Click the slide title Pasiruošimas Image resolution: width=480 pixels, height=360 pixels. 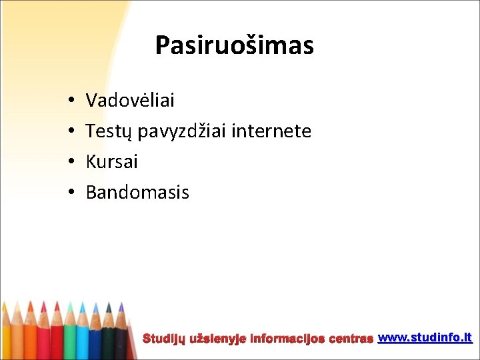point(234,46)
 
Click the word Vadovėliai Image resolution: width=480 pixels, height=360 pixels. point(130,101)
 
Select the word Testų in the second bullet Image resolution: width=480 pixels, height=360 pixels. point(110,132)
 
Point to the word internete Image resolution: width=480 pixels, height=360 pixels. point(271,131)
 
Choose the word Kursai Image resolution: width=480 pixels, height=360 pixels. point(111,162)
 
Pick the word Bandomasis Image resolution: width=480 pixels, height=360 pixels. point(137,193)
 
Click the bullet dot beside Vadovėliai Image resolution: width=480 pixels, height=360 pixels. point(70,101)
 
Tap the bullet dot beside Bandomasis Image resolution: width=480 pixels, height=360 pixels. point(70,193)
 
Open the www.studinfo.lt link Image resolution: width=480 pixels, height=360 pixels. point(425,338)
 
